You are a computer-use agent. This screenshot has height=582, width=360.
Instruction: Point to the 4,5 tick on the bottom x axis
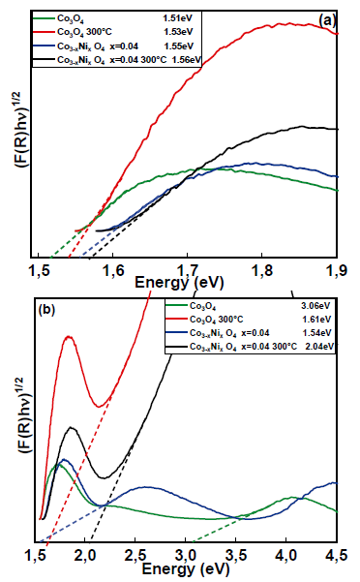(335, 554)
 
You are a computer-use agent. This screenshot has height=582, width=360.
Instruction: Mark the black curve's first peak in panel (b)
(71, 427)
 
